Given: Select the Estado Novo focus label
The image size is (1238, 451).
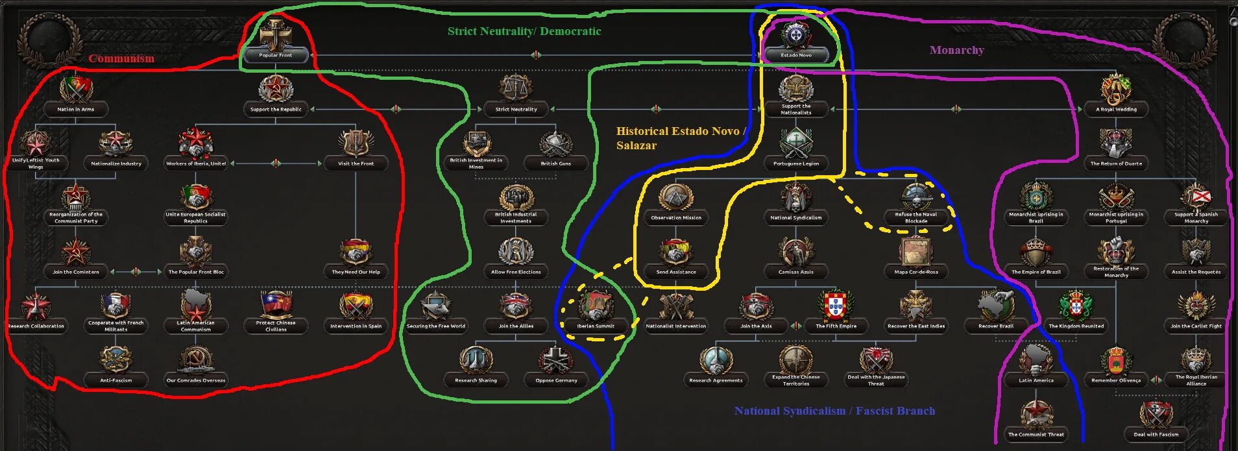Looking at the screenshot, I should (x=796, y=55).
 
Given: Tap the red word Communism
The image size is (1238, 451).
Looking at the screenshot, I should (x=121, y=58).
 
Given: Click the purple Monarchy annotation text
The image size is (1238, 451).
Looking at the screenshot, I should (x=956, y=50).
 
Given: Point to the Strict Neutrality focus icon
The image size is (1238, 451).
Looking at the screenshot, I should (x=516, y=88).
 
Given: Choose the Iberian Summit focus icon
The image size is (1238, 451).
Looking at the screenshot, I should (x=596, y=305).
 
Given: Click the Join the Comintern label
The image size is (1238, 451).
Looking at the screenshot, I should (x=76, y=272).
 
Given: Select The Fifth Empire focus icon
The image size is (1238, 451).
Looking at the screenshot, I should (x=836, y=305).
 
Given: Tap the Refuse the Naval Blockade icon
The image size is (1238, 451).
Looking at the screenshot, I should (x=916, y=196).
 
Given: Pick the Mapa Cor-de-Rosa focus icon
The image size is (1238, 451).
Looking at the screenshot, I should (x=916, y=251).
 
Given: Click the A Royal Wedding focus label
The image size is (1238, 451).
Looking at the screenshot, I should (x=1116, y=109).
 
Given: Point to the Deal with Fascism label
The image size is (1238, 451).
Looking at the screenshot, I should (x=1156, y=434).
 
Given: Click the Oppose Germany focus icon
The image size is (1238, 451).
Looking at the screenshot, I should (x=556, y=360).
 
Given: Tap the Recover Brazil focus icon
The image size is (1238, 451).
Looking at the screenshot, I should (x=996, y=305).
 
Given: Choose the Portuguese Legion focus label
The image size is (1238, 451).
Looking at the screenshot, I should (x=796, y=164).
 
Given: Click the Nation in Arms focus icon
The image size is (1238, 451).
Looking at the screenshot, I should (x=76, y=89).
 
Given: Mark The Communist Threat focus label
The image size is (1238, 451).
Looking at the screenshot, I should (x=1036, y=434).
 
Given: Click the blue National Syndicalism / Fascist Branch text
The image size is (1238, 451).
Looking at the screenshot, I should (x=834, y=411).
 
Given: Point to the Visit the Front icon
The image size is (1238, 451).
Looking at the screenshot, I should (x=356, y=143).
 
